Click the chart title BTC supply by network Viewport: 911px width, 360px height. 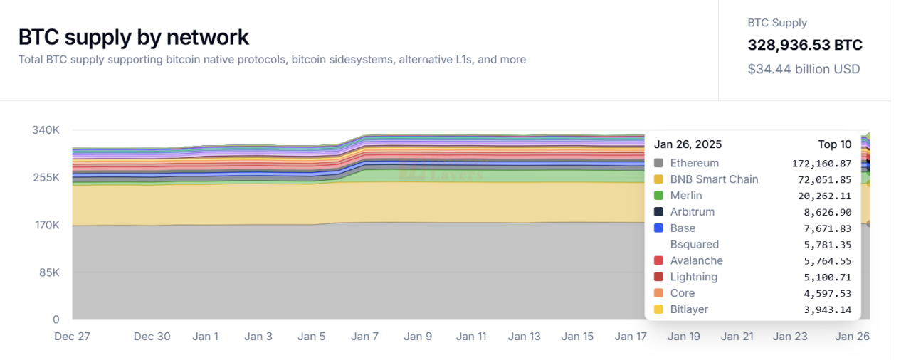pyautogui.click(x=134, y=36)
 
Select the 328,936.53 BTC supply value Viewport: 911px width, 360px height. pyautogui.click(x=804, y=46)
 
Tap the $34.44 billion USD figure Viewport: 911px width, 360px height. pyautogui.click(x=804, y=69)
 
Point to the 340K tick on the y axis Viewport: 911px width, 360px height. pyautogui.click(x=46, y=130)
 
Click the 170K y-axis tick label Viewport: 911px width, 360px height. pyautogui.click(x=46, y=225)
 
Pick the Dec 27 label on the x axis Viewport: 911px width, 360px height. pyautogui.click(x=72, y=337)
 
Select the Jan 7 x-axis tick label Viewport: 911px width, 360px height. pyautogui.click(x=364, y=337)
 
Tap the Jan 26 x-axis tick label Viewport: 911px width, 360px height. pyautogui.click(x=852, y=337)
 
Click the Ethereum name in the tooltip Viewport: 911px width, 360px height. pyautogui.click(x=695, y=163)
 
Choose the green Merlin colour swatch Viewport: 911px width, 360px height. pyautogui.click(x=658, y=196)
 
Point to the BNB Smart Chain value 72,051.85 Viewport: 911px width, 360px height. pyautogui.click(x=821, y=179)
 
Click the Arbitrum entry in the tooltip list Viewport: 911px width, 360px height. pyautogui.click(x=692, y=212)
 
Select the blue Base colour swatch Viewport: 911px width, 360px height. pyautogui.click(x=658, y=228)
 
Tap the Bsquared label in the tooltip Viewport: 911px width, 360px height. pyautogui.click(x=695, y=245)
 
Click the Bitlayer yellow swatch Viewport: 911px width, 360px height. pyautogui.click(x=658, y=309)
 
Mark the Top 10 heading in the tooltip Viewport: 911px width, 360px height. pyautogui.click(x=834, y=144)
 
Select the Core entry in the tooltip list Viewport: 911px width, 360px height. pyautogui.click(x=683, y=293)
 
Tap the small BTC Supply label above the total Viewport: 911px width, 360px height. pyautogui.click(x=777, y=23)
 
